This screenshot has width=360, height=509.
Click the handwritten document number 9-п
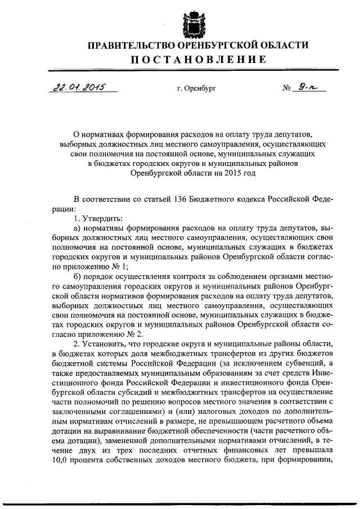pyautogui.click(x=307, y=87)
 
